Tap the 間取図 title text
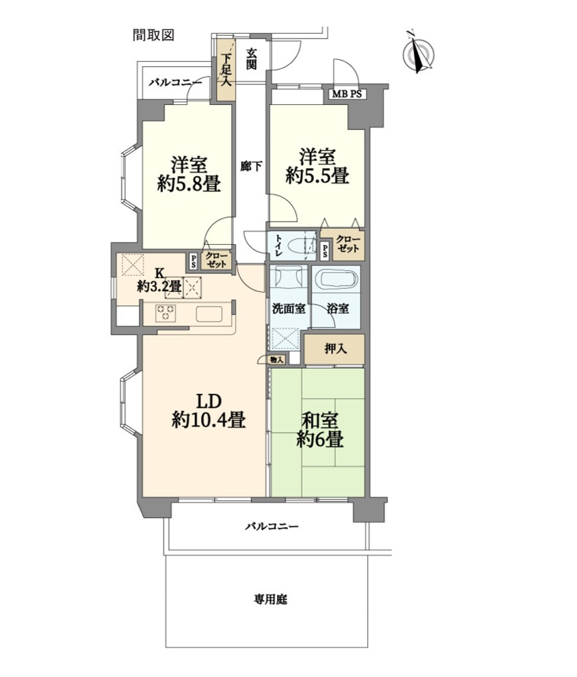(x=153, y=35)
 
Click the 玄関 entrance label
(x=252, y=59)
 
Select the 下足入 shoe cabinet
(x=226, y=70)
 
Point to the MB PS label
(x=347, y=94)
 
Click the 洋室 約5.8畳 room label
(x=189, y=175)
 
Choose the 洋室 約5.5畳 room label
(x=317, y=167)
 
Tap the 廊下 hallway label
(x=251, y=166)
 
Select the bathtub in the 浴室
(x=336, y=279)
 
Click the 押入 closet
(x=335, y=349)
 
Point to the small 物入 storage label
(x=277, y=359)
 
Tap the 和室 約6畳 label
(x=320, y=430)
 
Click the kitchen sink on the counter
(x=209, y=313)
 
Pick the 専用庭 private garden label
(x=270, y=599)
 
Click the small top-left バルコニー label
(x=175, y=82)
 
